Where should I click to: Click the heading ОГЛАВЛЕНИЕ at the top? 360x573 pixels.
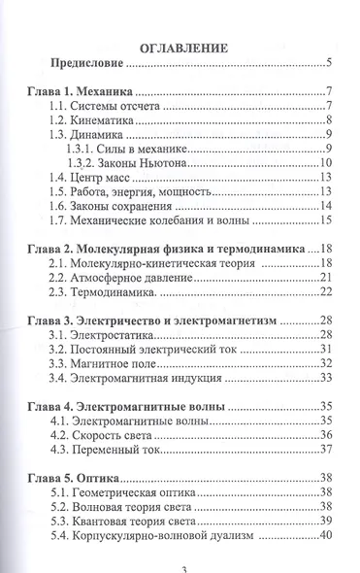coord(183,46)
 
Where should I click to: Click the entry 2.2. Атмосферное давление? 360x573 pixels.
coord(134,279)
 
